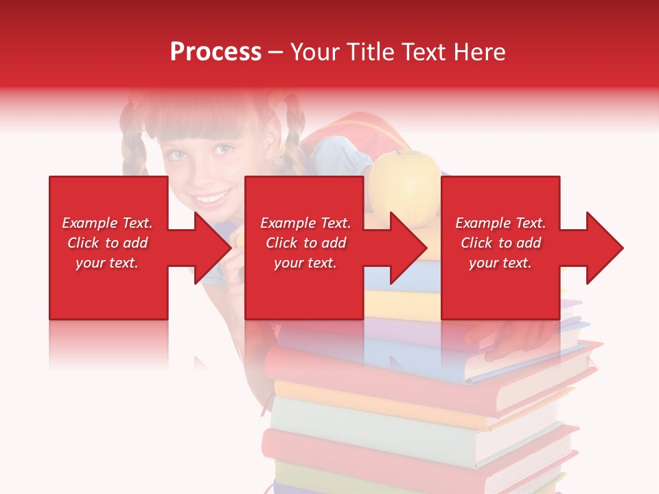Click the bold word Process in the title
coord(216,52)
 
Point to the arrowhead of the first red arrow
coord(213,248)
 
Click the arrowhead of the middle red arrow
coord(408,248)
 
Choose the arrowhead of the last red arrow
coord(604,248)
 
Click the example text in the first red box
coord(107,243)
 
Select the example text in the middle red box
coord(305,243)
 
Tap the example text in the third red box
coord(500,243)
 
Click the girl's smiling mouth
coord(211,200)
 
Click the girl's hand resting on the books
coord(522,336)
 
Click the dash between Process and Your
coord(276,52)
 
